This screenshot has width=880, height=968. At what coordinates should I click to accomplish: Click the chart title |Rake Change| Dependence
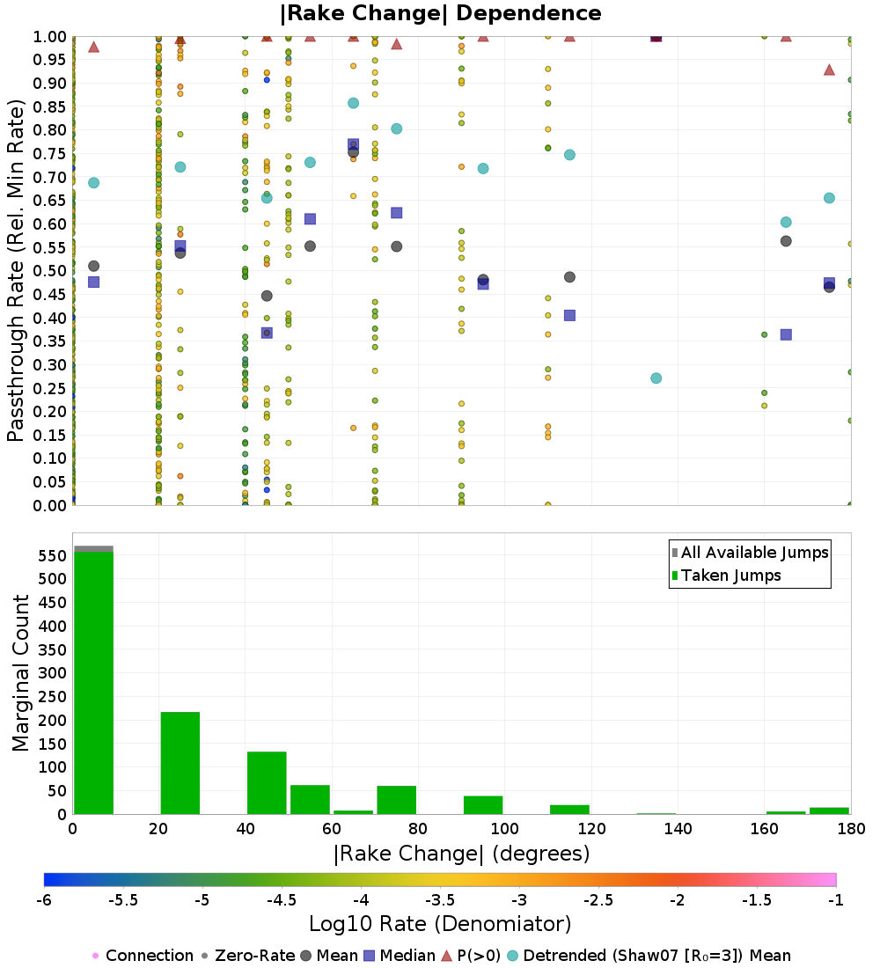(440, 13)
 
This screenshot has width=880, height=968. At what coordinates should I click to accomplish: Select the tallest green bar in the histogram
(93, 682)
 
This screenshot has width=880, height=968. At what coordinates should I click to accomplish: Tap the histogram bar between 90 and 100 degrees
(483, 804)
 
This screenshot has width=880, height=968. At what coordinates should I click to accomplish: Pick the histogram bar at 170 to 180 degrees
(829, 810)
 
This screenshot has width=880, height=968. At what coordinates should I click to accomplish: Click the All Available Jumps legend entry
(754, 553)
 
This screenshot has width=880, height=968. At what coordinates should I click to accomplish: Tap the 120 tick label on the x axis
(591, 829)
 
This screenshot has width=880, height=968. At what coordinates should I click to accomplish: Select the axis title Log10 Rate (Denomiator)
(440, 924)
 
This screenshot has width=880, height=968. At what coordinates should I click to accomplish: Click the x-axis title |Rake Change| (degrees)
(461, 854)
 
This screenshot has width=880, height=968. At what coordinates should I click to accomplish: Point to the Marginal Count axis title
(21, 673)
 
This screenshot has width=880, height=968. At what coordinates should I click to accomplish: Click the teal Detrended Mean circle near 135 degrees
(656, 378)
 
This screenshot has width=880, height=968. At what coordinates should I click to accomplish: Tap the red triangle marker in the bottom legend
(445, 956)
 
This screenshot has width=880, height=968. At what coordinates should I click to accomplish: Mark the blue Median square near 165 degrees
(786, 334)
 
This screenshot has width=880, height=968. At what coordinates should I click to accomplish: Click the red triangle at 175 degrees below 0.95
(829, 70)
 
